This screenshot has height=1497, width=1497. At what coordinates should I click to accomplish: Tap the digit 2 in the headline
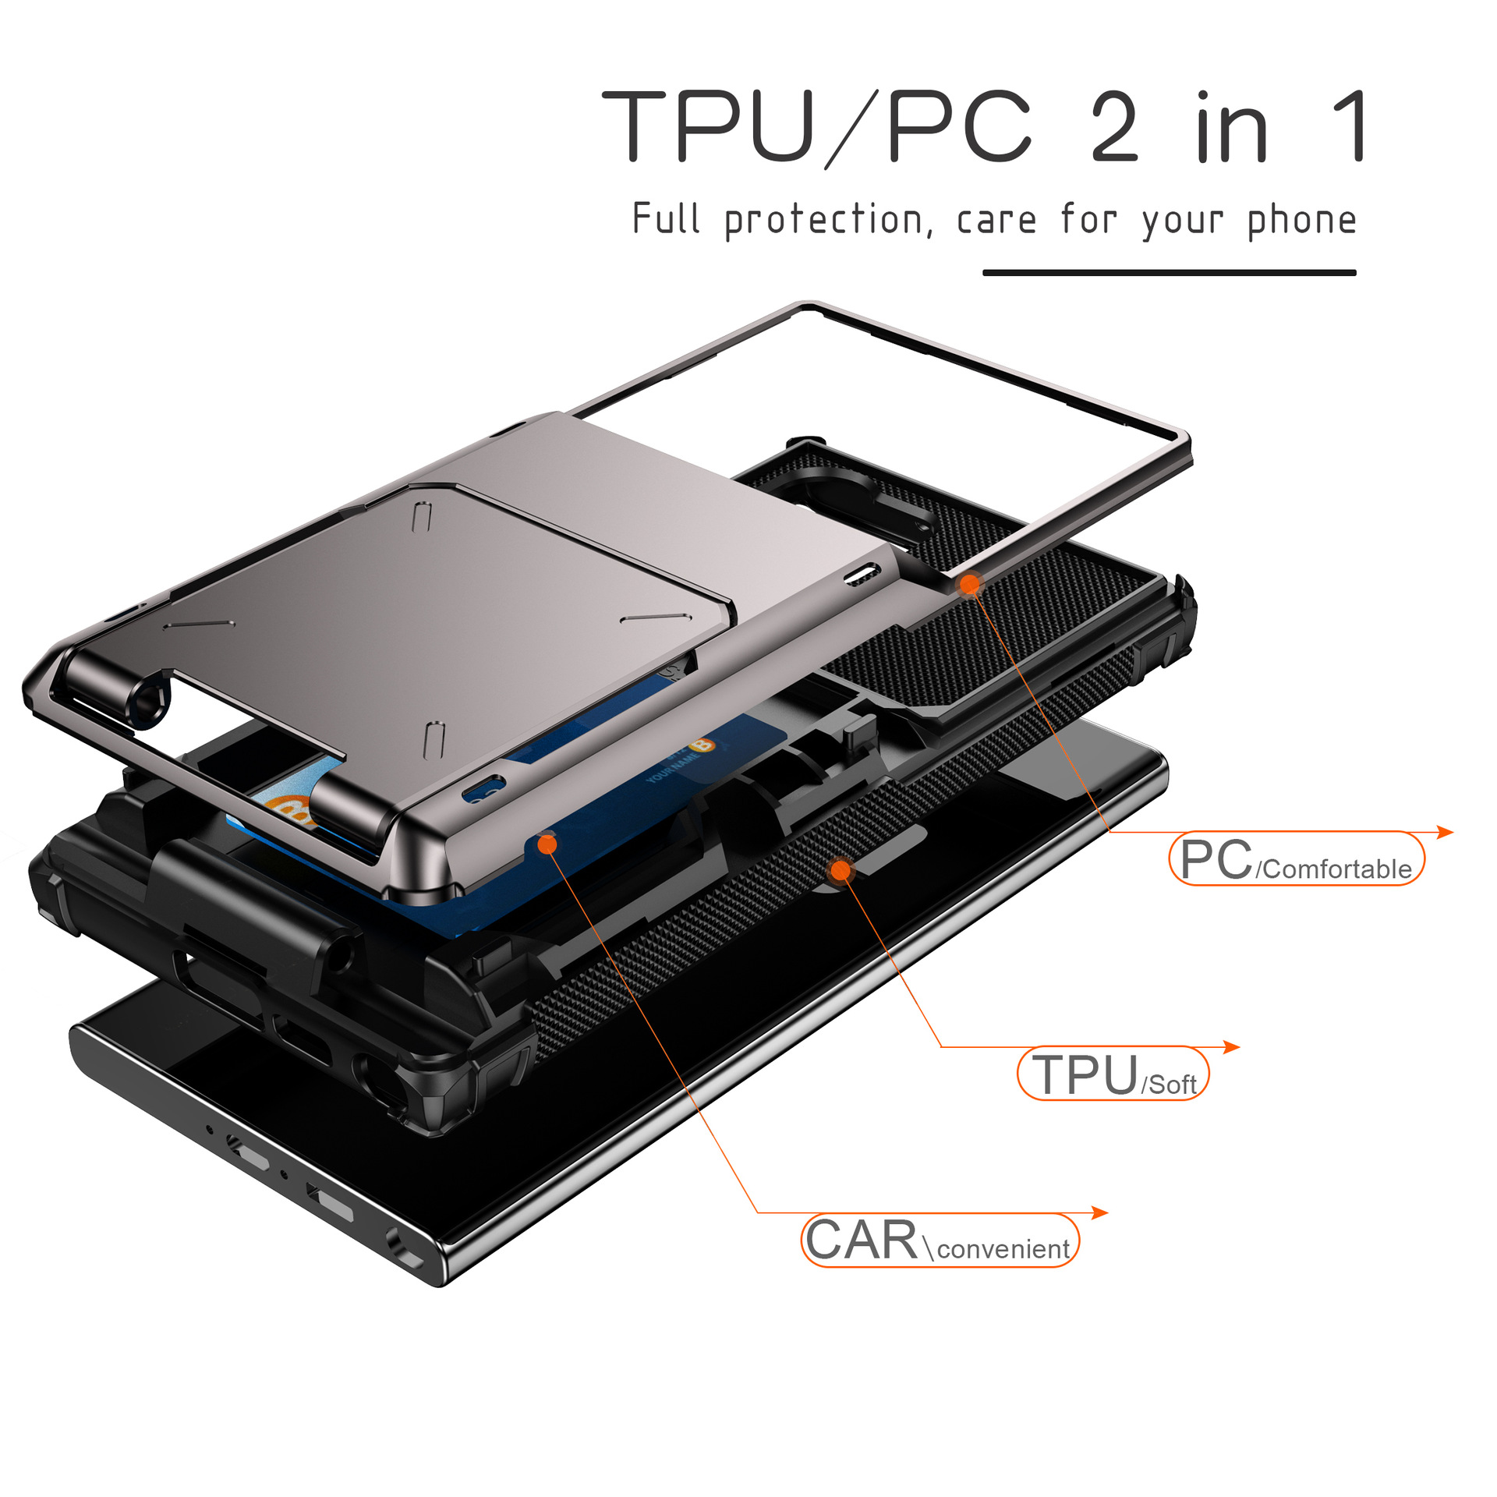point(1115,126)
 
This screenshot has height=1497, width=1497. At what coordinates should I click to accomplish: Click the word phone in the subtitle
point(1302,220)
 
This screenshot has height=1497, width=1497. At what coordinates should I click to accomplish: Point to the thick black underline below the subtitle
point(1170,273)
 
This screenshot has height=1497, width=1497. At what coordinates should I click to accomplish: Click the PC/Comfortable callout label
point(1297,858)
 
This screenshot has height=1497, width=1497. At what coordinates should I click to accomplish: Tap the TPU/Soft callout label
point(1113,1074)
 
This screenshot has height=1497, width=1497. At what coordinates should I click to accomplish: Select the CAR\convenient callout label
point(940,1240)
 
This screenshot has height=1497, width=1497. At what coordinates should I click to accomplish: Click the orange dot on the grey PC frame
point(970,584)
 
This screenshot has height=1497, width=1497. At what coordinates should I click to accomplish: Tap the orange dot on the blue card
point(547,844)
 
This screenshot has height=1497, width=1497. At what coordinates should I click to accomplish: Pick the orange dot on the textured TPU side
point(841,870)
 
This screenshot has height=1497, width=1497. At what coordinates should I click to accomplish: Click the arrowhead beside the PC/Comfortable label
point(1445,832)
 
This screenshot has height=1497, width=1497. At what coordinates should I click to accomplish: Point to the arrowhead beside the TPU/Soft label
point(1231,1046)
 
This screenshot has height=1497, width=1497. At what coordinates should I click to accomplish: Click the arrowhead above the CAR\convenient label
point(1099,1212)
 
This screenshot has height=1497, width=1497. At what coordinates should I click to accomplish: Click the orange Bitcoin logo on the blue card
point(701,745)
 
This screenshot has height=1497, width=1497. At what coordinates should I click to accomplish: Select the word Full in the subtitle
point(666,218)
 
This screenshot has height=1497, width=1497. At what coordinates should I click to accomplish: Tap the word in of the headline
point(1232,127)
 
